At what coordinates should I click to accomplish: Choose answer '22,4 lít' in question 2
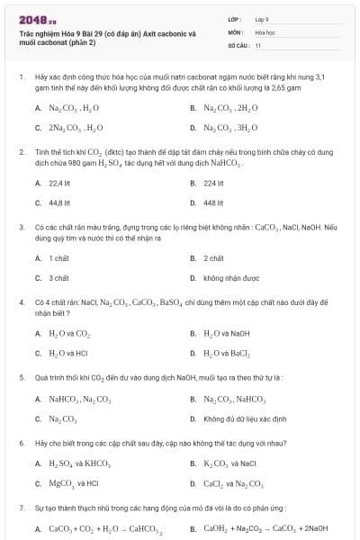click(x=59, y=183)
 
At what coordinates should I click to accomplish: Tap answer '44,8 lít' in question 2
click(x=59, y=202)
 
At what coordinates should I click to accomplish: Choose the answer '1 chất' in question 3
click(x=59, y=258)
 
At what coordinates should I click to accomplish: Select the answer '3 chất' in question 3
click(x=59, y=278)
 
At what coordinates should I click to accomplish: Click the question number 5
click(x=21, y=377)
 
